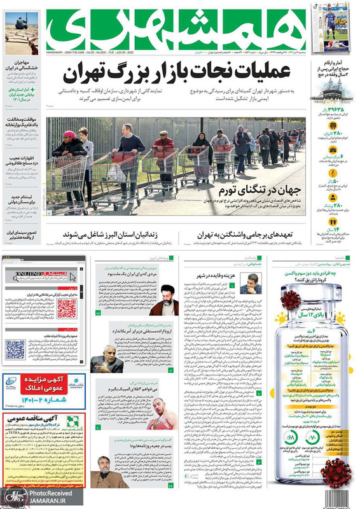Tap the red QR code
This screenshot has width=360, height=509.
pyautogui.click(x=66, y=308)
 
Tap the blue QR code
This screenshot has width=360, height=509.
pyautogui.click(x=15, y=349)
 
